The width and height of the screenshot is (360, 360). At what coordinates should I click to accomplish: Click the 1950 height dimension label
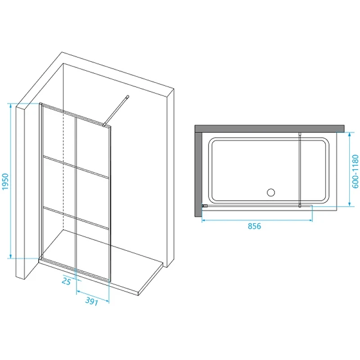5,182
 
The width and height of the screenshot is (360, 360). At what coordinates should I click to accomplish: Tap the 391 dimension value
92,301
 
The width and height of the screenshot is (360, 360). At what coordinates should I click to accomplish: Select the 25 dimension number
66,281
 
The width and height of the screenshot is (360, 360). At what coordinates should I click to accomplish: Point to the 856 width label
254,226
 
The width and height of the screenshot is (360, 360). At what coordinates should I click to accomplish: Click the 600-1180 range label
355,171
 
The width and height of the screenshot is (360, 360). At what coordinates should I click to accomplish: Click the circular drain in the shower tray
271,193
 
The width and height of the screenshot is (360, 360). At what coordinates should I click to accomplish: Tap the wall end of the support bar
128,97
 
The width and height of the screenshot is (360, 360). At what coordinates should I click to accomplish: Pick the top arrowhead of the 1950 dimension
10,106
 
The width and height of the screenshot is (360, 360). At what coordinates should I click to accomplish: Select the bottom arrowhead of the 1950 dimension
10,256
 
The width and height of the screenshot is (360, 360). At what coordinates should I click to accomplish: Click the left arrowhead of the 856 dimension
204,220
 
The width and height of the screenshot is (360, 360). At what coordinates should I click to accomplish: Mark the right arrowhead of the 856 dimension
310,220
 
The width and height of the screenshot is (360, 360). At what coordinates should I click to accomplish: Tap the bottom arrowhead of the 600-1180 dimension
350,204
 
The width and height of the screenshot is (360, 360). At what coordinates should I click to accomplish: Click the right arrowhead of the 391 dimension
107,301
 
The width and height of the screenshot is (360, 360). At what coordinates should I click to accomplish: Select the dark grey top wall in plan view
270,129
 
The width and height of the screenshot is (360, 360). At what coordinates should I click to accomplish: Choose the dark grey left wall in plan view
198,174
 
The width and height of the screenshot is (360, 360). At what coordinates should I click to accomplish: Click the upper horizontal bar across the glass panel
76,167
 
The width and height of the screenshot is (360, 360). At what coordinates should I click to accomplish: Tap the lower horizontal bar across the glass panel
76,217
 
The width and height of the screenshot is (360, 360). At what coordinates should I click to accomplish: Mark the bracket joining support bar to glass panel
105,125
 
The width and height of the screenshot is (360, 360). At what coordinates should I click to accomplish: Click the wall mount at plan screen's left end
205,206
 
